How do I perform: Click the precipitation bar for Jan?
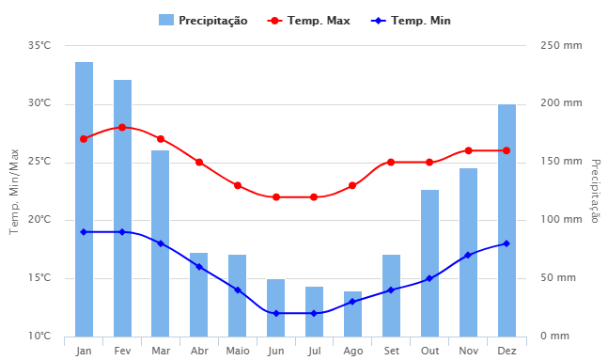pos(85,199)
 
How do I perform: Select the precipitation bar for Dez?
pos(507,220)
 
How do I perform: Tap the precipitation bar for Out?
pos(429,263)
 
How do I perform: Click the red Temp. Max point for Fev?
pos(122,127)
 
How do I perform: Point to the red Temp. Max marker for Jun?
pos(276,197)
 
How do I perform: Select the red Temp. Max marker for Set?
pos(391,162)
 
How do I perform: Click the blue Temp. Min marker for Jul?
pos(315,313)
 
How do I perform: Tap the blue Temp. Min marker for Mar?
pos(161,243)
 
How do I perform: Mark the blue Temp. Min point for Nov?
pos(468,255)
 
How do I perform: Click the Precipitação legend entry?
pos(203,21)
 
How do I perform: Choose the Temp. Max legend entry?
pos(309,21)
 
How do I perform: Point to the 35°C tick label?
pos(39,45)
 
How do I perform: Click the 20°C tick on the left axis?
pos(39,220)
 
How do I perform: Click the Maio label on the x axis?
pos(238,351)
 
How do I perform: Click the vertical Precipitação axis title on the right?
pos(595,191)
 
